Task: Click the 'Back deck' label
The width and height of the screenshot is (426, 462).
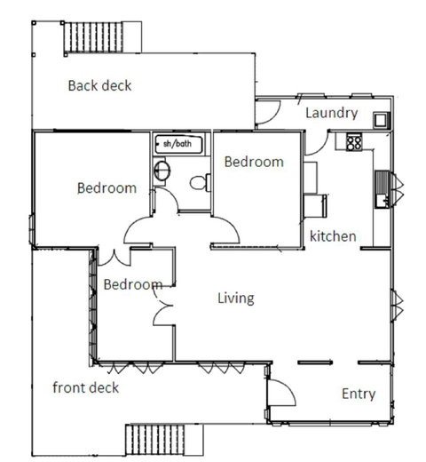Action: click(x=99, y=86)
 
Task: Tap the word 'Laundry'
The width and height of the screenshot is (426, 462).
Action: click(x=331, y=113)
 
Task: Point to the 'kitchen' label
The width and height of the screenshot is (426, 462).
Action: click(x=333, y=236)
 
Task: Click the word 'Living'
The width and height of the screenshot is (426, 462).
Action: click(x=236, y=298)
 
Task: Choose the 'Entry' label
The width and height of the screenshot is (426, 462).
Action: click(x=358, y=394)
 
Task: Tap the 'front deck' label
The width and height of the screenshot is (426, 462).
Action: click(x=85, y=387)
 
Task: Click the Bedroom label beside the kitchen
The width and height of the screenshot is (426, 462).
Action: click(x=254, y=162)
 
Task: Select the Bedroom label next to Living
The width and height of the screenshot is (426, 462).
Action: click(x=132, y=284)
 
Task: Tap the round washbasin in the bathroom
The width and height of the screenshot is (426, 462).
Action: click(x=162, y=171)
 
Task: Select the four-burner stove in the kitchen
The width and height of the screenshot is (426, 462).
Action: click(x=354, y=140)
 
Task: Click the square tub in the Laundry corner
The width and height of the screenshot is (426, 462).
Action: click(x=380, y=118)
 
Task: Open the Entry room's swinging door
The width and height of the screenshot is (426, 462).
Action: click(x=279, y=392)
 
